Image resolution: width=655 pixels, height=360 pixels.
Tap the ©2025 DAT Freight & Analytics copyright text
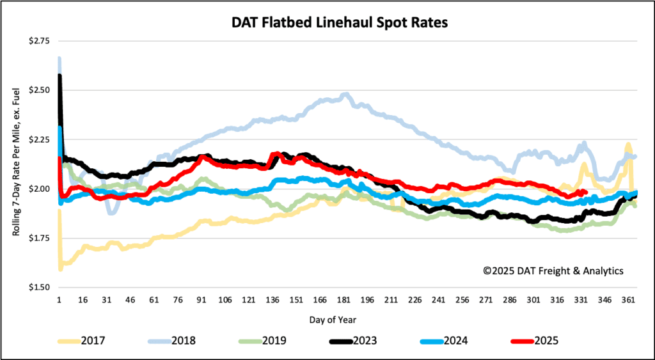click(x=553, y=271)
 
